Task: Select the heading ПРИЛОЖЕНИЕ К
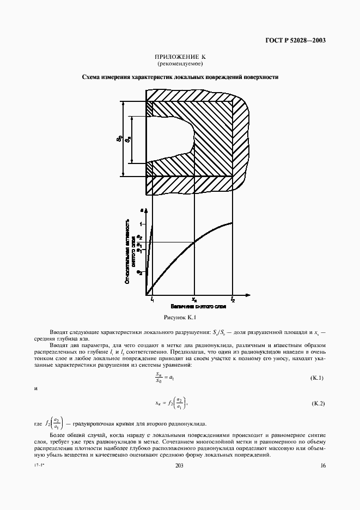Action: [x=180, y=57]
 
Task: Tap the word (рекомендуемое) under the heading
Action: [x=180, y=64]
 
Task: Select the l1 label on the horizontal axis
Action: [x=152, y=300]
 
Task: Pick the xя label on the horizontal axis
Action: [x=194, y=300]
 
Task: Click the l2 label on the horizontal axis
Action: [x=233, y=300]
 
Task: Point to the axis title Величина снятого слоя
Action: [x=194, y=307]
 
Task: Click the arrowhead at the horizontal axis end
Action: [x=249, y=294]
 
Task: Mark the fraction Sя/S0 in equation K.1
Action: [x=159, y=378]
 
